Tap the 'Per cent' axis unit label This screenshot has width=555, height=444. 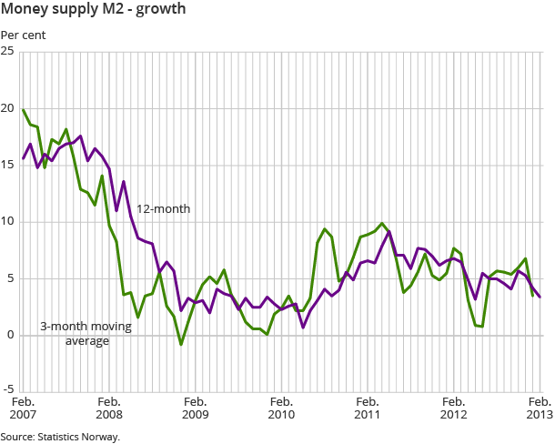(x=23, y=36)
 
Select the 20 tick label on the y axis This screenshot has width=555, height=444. (x=7, y=108)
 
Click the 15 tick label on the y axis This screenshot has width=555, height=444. (x=7, y=165)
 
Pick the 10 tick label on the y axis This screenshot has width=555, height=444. (x=7, y=222)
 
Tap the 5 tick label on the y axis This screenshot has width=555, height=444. (x=10, y=278)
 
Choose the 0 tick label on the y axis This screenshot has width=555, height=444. (x=10, y=336)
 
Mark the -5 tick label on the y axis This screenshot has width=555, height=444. (x=8, y=392)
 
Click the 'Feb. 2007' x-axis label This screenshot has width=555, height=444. (x=23, y=408)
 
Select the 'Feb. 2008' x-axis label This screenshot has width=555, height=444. (x=109, y=408)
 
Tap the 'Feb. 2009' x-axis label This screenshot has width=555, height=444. (x=196, y=408)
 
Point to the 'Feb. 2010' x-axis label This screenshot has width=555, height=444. (x=282, y=408)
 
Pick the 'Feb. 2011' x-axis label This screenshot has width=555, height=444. (x=368, y=408)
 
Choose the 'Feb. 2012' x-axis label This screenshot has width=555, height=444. (x=454, y=408)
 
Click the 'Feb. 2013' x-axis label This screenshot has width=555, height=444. (x=540, y=408)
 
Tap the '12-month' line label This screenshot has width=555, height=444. (x=164, y=209)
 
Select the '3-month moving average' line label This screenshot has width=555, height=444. (x=86, y=333)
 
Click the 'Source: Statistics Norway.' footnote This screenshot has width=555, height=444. (x=60, y=437)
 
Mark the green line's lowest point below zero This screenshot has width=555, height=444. (x=181, y=345)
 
